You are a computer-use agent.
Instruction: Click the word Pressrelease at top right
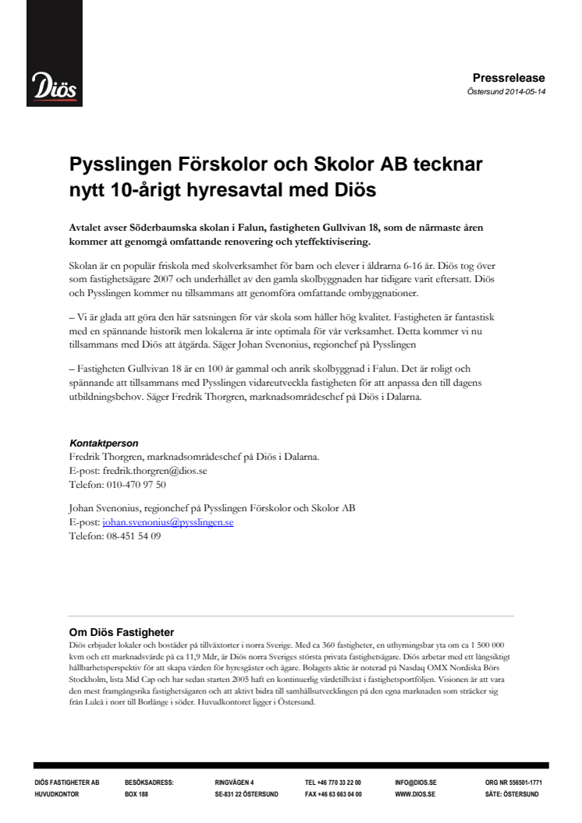pyautogui.click(x=509, y=77)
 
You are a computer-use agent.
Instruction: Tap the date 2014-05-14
pyautogui.click(x=523, y=90)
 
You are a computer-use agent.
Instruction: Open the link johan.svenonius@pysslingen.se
pyautogui.click(x=168, y=522)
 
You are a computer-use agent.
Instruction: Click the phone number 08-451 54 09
pyautogui.click(x=133, y=536)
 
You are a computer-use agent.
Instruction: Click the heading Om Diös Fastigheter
pyautogui.click(x=121, y=632)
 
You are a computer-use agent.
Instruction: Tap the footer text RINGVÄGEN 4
pyautogui.click(x=234, y=782)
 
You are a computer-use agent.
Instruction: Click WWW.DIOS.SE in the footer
pyautogui.click(x=415, y=794)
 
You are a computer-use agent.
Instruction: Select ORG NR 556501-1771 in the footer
pyautogui.click(x=513, y=782)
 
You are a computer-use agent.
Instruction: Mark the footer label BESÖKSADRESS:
pyautogui.click(x=149, y=782)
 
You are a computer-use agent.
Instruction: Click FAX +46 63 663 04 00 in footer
pyautogui.click(x=333, y=794)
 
